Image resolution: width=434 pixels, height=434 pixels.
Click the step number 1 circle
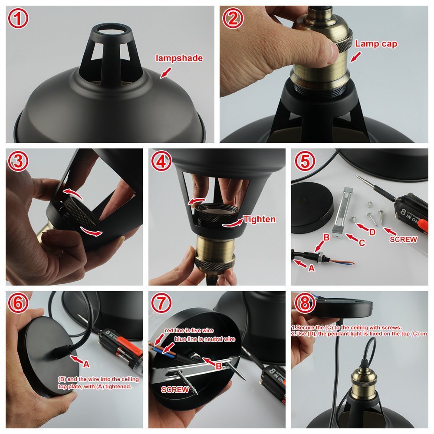click(18, 18)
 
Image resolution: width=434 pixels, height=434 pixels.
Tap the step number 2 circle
click(233, 18)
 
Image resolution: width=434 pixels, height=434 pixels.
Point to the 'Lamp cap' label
click(376, 44)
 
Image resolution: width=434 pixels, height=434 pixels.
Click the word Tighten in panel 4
click(259, 219)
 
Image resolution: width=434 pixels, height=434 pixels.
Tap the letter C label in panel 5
click(362, 243)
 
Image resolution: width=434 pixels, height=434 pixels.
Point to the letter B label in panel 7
click(219, 365)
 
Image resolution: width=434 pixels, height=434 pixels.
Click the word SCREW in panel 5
click(404, 239)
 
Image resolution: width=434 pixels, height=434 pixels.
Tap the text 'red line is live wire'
click(189, 331)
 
